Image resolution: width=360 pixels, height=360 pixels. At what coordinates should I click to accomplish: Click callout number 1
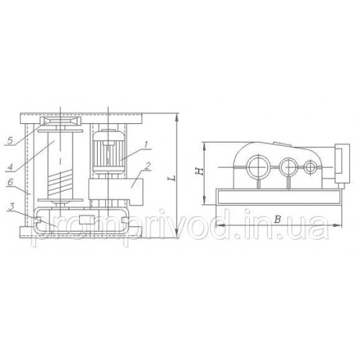click(146, 144)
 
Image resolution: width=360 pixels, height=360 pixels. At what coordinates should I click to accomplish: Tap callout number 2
click(148, 166)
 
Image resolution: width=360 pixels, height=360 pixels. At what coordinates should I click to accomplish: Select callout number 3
click(11, 207)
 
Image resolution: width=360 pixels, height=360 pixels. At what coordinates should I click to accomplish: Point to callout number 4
click(10, 166)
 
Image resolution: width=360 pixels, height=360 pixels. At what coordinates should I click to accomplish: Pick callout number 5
click(10, 140)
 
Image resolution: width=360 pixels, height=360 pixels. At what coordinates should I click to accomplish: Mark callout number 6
click(10, 182)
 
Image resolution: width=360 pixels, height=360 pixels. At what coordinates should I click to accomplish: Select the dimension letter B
click(277, 220)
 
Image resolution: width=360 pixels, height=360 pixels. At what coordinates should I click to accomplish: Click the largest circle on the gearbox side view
click(258, 167)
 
